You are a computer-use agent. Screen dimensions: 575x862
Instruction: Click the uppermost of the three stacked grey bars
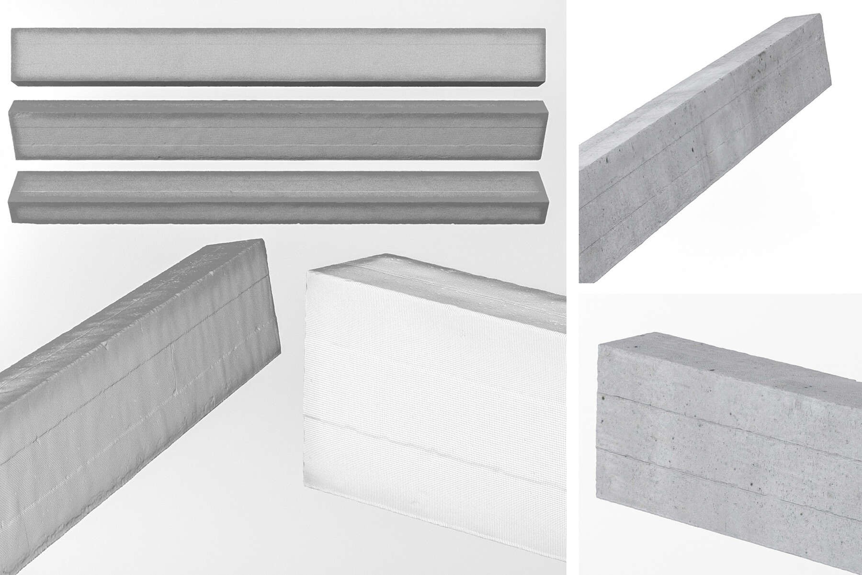278,56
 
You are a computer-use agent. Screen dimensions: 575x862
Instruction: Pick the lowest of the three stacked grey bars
278,196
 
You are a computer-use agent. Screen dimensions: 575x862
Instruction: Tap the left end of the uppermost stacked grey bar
14,56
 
